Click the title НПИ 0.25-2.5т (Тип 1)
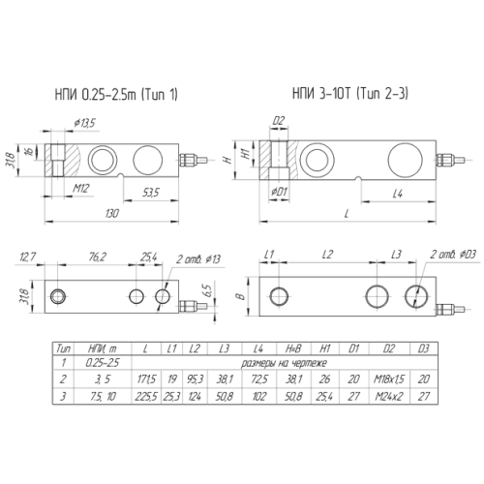tap(116, 95)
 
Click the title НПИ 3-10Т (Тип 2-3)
tap(350, 94)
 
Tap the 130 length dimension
tap(111, 213)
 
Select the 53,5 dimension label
tap(151, 193)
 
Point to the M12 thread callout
tap(80, 188)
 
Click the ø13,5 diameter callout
tap(84, 123)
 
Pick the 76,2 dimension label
tap(97, 257)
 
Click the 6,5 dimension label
tap(208, 290)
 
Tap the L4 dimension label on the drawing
tap(398, 194)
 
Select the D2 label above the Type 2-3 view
tap(279, 121)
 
